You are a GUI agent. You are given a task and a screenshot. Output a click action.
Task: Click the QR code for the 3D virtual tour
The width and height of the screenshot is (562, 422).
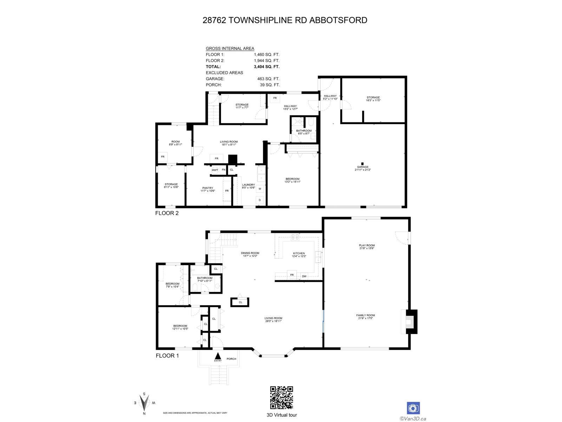click(281, 397)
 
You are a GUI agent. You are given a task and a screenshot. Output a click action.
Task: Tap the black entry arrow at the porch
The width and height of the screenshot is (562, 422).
click(218, 356)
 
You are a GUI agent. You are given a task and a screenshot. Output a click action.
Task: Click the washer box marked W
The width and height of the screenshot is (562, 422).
click(260, 189)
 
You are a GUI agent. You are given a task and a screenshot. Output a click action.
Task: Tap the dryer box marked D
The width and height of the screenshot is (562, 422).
click(260, 200)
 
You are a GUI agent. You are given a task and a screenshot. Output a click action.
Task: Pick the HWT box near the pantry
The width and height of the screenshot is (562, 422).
click(215, 170)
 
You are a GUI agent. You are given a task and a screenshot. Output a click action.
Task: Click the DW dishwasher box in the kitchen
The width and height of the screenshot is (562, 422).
click(304, 276)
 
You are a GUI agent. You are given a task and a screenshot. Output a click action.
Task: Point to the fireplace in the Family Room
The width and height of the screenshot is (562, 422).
click(410, 321)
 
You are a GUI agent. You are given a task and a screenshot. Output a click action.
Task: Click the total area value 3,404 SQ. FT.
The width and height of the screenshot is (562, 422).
click(267, 66)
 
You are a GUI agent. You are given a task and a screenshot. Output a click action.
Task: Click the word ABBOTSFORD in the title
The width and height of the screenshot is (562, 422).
click(338, 20)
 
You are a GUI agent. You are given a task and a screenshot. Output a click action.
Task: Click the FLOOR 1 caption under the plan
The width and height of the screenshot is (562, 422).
click(167, 356)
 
